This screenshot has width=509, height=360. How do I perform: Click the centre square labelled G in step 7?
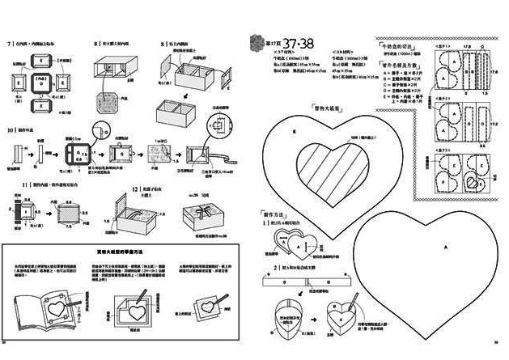pyautogui.click(x=40, y=83)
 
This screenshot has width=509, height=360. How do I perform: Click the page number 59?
pyautogui.click(x=494, y=352)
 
